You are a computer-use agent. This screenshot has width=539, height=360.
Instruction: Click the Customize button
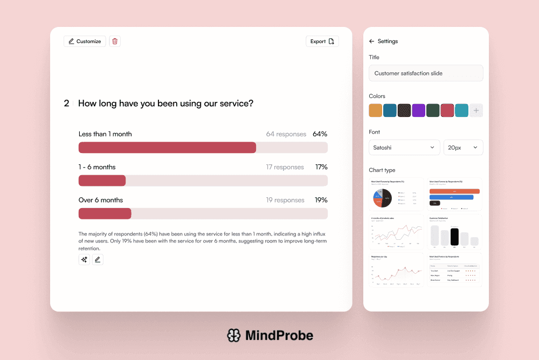pyautogui.click(x=85, y=41)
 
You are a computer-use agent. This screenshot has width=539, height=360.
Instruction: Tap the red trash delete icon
pyautogui.click(x=115, y=41)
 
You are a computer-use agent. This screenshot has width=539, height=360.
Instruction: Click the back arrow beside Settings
pyautogui.click(x=371, y=41)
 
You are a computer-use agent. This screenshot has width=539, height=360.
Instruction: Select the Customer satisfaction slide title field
pyautogui.click(x=426, y=73)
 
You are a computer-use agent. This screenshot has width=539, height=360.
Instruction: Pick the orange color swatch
pyautogui.click(x=376, y=110)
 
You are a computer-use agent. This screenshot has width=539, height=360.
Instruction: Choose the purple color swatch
pyautogui.click(x=419, y=110)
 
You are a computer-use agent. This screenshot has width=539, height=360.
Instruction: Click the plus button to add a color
pyautogui.click(x=476, y=110)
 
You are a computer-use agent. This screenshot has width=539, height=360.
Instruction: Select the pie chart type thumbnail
pyautogui.click(x=396, y=195)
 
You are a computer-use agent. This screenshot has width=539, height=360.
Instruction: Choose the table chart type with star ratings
pyautogui.click(x=454, y=269)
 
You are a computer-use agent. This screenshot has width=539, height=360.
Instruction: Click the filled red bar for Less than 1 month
pyautogui.click(x=167, y=148)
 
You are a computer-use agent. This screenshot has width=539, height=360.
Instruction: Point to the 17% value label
pyautogui.click(x=321, y=167)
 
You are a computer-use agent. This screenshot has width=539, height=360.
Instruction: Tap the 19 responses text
pyautogui.click(x=285, y=200)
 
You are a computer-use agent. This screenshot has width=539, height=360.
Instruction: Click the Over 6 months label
pyautogui.click(x=101, y=200)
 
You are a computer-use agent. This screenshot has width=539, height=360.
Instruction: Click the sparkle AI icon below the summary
pyautogui.click(x=84, y=260)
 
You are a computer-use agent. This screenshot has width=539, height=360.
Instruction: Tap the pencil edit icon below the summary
pyautogui.click(x=98, y=260)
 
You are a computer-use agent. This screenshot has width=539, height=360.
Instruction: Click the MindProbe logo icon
pyautogui.click(x=233, y=336)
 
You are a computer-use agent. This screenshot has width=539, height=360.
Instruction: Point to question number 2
pyautogui.click(x=66, y=103)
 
